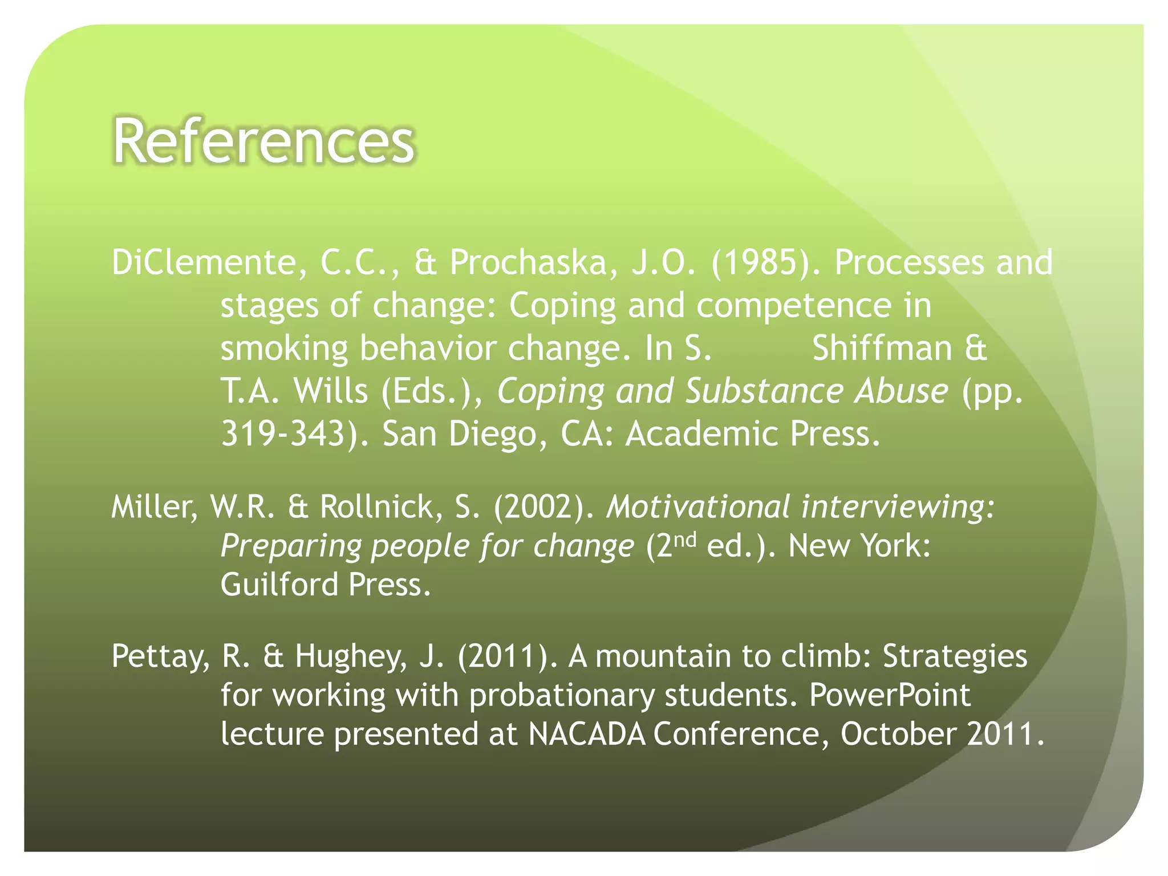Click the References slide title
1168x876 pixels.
(x=263, y=141)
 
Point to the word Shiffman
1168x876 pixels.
(x=882, y=348)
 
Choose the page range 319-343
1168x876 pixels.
(x=283, y=434)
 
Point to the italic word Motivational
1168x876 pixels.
(x=698, y=507)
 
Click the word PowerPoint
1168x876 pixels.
(x=889, y=695)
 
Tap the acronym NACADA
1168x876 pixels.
(x=587, y=734)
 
